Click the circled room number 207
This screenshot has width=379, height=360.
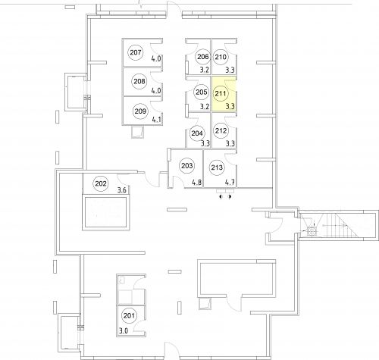[136, 52]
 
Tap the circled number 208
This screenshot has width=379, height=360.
[139, 81]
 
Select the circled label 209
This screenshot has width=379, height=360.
[140, 111]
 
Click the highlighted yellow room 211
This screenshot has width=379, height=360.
[224, 94]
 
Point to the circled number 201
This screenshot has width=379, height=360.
[129, 315]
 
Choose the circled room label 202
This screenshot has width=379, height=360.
[101, 183]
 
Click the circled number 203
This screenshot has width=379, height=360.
[187, 166]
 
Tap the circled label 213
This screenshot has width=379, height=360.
[217, 167]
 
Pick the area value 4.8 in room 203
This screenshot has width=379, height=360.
[197, 183]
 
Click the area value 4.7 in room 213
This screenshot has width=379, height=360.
[230, 183]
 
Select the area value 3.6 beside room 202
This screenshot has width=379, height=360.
[122, 189]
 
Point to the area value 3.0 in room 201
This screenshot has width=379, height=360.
[124, 330]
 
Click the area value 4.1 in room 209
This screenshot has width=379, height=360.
[156, 119]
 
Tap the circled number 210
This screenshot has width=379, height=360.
[221, 57]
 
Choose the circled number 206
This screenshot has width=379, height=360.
[203, 57]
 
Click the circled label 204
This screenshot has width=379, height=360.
[197, 133]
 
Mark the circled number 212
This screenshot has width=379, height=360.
[221, 130]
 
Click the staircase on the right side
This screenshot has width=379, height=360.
[342, 225]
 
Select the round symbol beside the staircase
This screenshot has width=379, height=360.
[312, 231]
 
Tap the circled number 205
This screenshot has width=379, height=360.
[202, 92]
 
